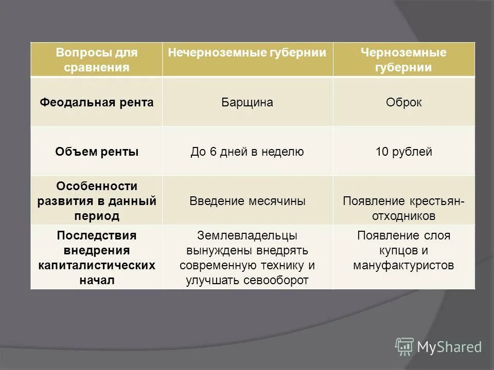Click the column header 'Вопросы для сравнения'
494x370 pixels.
tap(97, 60)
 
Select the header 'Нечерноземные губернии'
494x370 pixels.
tap(247, 53)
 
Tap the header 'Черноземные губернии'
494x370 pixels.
tap(403, 60)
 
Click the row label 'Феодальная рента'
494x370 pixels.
tap(97, 102)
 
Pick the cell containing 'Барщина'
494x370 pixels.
tap(247, 102)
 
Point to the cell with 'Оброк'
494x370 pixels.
tap(403, 102)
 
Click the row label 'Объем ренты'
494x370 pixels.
tap(97, 152)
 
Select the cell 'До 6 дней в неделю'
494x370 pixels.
tap(247, 152)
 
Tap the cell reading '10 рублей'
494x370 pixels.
tap(403, 152)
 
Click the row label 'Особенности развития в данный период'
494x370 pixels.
tap(97, 200)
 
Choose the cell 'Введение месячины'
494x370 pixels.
tap(247, 201)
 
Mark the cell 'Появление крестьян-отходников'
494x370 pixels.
tap(403, 207)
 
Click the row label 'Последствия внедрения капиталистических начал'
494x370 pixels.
tap(97, 257)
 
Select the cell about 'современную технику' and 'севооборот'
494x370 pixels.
tap(247, 257)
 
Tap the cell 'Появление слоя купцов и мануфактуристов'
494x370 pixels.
tap(403, 250)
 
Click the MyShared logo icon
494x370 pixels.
tap(404, 347)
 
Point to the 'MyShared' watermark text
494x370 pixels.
tap(449, 347)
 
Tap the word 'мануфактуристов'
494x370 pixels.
tap(403, 265)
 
